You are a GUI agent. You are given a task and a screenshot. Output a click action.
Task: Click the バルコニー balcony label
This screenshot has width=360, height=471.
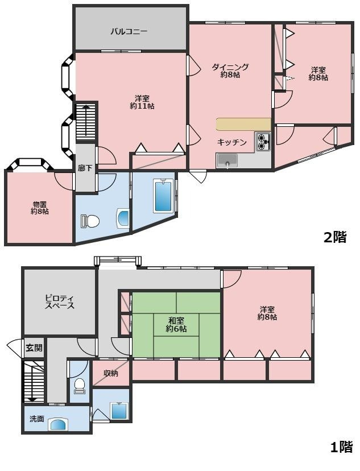pos(129,31)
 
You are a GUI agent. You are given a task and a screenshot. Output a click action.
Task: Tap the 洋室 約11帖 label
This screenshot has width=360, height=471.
pos(142,102)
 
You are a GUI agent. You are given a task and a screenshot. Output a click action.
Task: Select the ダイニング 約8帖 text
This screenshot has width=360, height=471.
pos(230,71)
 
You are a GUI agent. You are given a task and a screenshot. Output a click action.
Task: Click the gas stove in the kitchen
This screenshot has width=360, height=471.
pos(263,142)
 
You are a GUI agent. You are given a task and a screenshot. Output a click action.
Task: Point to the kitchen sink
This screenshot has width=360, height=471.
pos(227,161)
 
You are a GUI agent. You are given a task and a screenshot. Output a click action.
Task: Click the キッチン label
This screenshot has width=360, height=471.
pos(232,142)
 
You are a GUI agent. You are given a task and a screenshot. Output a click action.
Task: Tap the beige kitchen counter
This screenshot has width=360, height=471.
pos(243,125)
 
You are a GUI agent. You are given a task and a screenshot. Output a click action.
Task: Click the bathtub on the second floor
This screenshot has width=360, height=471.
pos(163,196)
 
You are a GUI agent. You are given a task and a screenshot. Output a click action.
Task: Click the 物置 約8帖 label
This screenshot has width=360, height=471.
pos(40,208)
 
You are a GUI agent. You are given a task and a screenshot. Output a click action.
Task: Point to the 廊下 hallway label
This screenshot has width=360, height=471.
pos(85,168)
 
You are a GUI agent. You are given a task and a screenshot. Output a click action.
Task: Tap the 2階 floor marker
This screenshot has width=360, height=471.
pos(335,237)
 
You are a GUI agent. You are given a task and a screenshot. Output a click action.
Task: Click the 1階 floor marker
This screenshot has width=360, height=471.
pos(341,447)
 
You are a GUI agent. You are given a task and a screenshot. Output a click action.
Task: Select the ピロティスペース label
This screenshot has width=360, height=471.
pos(60,302)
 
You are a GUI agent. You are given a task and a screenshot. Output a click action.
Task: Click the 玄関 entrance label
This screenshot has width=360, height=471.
pos(34,348)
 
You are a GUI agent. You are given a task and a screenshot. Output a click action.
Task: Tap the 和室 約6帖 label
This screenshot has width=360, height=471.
pos(176,325)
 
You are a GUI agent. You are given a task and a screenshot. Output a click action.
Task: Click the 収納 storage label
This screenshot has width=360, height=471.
pos(111,373)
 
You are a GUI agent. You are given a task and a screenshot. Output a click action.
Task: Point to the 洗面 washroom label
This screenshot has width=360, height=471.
pos(37,419)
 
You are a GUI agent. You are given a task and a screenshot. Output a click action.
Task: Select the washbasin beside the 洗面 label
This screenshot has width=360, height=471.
pos(58,424)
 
